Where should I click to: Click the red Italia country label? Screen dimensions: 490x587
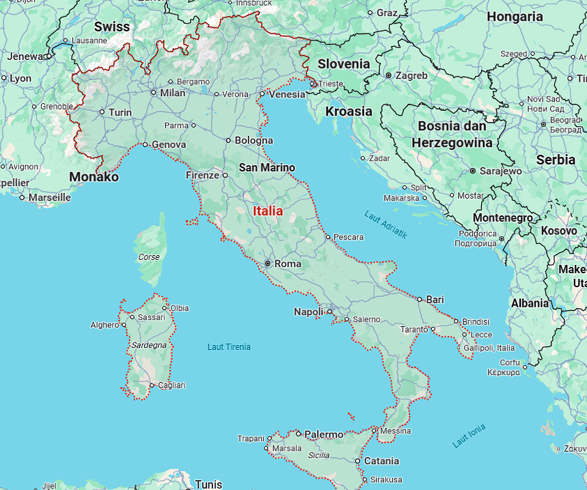[267, 210]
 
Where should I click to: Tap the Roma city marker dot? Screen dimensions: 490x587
[267, 263]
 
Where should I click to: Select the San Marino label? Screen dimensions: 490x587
[267, 167]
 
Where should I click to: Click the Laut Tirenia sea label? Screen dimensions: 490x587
[229, 346]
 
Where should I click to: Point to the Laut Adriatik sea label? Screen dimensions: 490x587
[385, 224]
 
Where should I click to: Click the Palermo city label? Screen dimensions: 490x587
[324, 434]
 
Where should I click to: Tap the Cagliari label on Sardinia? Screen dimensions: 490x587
[172, 385]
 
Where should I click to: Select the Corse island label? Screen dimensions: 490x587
[149, 257]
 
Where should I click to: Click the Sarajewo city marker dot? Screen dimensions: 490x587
[473, 170]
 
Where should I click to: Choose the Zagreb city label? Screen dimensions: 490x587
[411, 75]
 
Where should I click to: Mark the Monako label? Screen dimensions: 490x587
[93, 177]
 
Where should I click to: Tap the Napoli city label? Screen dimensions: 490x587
[308, 312]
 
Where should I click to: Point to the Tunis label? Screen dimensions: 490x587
[208, 484]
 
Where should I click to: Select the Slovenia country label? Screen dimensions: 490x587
[343, 63]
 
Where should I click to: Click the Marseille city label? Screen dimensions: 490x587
[49, 197]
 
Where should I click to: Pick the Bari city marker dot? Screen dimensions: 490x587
[420, 299]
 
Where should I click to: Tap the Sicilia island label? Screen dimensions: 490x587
[319, 454]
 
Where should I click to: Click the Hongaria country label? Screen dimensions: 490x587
[515, 17]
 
